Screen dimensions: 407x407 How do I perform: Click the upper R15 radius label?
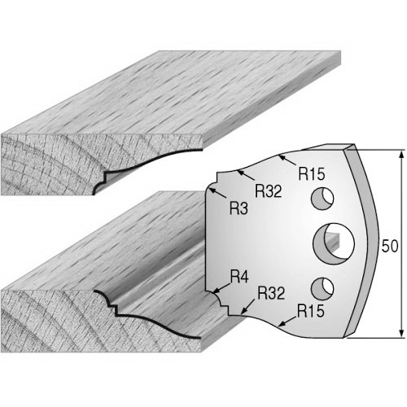point(312,174)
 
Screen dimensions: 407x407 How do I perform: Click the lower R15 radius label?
point(311,311)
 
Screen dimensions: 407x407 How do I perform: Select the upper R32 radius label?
point(269,191)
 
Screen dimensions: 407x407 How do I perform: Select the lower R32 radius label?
point(271,293)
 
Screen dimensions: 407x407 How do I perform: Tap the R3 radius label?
point(239,209)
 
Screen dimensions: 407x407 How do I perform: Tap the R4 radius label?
point(239,277)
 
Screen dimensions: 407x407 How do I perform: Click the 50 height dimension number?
point(390,246)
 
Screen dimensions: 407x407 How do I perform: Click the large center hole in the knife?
point(334,243)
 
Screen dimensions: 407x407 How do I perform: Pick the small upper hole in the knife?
point(322,199)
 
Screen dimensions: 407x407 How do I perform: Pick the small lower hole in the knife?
point(322,289)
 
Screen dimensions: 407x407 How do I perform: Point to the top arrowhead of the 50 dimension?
point(401,154)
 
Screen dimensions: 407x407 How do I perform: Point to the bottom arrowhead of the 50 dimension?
point(401,334)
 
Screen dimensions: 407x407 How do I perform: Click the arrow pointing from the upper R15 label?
point(287,160)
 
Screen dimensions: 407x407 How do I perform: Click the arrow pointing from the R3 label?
point(218,193)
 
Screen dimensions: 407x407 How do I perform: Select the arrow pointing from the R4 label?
point(222,287)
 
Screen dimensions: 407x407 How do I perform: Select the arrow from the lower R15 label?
point(287,321)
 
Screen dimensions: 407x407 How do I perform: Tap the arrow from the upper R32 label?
point(246,176)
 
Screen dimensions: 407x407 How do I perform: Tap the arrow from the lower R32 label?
point(248,307)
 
